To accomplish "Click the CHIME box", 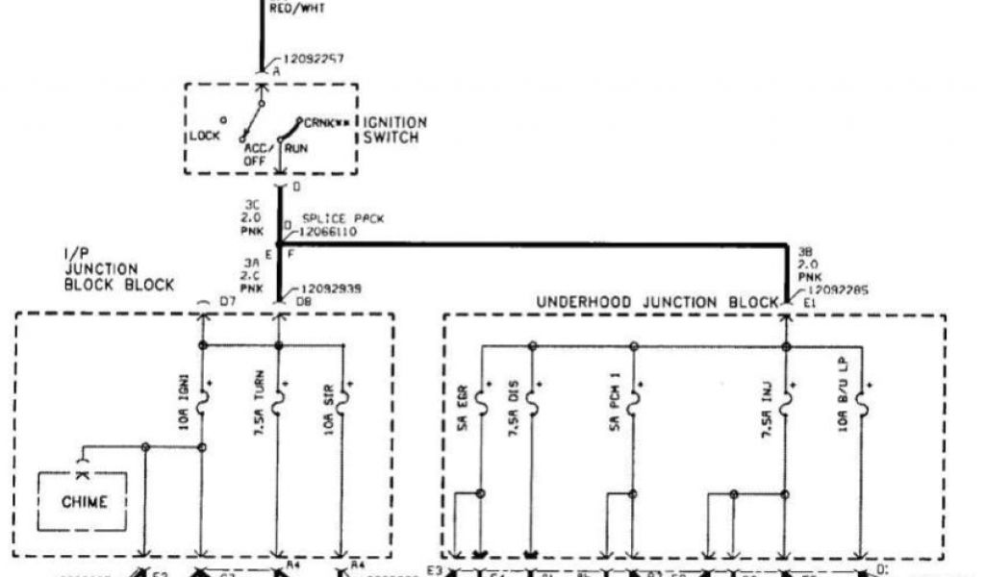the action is click(x=85, y=501).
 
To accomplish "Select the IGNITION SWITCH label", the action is click(x=394, y=130).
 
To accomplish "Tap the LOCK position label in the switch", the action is click(x=204, y=136).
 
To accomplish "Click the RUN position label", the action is click(x=295, y=149).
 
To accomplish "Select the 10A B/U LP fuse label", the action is click(x=842, y=394).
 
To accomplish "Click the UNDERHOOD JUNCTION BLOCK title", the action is click(x=656, y=302).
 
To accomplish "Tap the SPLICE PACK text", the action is click(x=342, y=219).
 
